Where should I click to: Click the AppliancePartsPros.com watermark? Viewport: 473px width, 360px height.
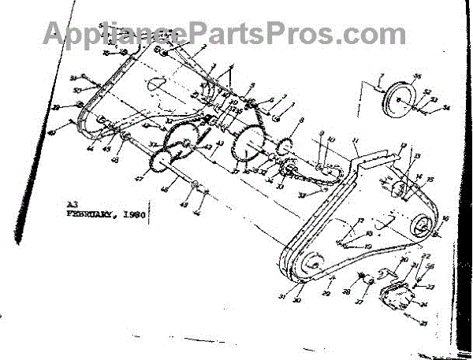click(x=225, y=33)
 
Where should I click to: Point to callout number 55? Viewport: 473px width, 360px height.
click(x=418, y=76)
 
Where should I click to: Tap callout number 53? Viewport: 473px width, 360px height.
click(x=436, y=101)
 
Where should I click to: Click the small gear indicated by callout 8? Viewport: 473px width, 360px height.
click(x=285, y=147)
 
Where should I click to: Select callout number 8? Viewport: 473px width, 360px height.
click(x=301, y=121)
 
